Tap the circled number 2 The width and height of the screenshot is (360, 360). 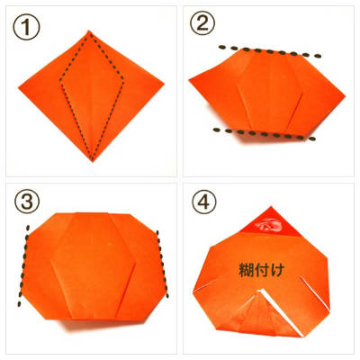coord(202,23)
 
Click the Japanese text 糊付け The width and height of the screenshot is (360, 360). coord(261,270)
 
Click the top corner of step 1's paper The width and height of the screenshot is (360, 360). coord(89,31)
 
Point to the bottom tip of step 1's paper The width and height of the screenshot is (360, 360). coord(93,161)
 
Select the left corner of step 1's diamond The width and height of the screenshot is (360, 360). coord(19,87)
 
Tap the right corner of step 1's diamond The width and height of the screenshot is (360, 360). coord(164,83)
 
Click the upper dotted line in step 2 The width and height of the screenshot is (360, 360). coord(270,51)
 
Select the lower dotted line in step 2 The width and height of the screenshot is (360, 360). coord(264,134)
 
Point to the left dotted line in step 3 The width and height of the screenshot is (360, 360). coord(23,265)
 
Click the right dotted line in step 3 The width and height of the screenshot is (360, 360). coord(162,264)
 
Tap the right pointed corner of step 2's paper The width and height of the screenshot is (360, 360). coord(345,96)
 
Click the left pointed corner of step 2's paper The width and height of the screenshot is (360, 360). coord(189,80)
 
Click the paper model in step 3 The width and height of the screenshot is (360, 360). coord(94,267)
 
